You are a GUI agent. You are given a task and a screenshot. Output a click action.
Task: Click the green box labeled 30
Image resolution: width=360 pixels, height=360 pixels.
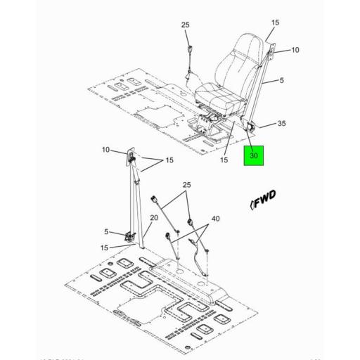(254, 155)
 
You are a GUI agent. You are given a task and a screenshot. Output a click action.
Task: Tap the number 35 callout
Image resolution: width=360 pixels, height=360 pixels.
(281, 124)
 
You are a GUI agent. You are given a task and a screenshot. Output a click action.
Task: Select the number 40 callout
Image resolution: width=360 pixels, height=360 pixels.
(215, 219)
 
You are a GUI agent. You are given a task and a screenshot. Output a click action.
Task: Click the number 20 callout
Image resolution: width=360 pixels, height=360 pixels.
(154, 219)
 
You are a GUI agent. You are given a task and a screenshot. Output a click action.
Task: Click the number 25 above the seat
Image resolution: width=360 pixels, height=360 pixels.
(186, 25)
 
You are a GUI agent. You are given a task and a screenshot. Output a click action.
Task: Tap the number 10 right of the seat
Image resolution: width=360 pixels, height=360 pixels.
(295, 50)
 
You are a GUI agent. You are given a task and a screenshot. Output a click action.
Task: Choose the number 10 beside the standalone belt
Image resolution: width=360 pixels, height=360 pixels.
(105, 150)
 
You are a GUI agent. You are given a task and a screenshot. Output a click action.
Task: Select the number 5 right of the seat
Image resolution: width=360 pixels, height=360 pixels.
(281, 80)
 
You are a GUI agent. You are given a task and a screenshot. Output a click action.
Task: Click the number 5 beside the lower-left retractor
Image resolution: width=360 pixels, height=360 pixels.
(106, 231)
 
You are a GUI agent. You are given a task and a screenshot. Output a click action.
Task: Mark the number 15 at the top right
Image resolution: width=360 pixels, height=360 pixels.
(275, 22)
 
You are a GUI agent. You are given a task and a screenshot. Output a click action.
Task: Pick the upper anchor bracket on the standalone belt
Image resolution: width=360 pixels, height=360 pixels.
(132, 160)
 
